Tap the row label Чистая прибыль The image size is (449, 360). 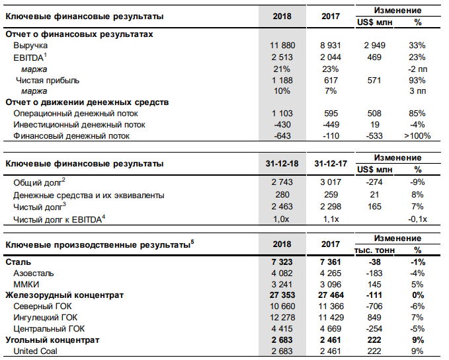point(48,80)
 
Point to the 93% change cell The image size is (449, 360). point(417,80)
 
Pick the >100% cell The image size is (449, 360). point(417,135)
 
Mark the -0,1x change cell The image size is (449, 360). point(417,219)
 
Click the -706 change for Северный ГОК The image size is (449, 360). point(374,306)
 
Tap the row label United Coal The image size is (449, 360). point(36,351)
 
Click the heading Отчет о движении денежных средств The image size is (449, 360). point(87,102)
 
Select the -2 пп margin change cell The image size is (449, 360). point(417,69)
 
